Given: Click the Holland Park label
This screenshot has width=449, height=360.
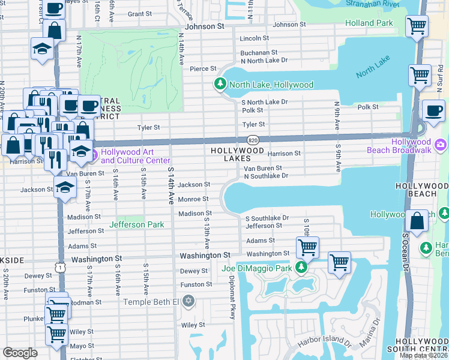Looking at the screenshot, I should pyautogui.click(x=369, y=23).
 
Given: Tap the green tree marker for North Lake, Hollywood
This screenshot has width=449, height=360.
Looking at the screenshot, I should pyautogui.click(x=220, y=85).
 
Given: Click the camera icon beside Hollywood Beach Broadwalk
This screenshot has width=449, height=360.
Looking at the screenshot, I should pyautogui.click(x=441, y=145).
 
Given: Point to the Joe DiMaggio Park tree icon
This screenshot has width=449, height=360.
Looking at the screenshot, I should pyautogui.click(x=304, y=268).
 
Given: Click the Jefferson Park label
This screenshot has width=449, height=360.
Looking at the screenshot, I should pyautogui.click(x=135, y=224).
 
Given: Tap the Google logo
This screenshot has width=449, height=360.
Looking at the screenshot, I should pyautogui.click(x=20, y=353).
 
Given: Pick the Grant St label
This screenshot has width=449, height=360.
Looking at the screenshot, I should pyautogui.click(x=139, y=14).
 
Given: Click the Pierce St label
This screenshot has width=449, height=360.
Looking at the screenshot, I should pyautogui.click(x=203, y=69).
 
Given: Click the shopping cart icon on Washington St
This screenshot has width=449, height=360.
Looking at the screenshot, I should pyautogui.click(x=307, y=247).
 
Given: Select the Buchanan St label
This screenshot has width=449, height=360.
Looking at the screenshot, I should pyautogui.click(x=258, y=53).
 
